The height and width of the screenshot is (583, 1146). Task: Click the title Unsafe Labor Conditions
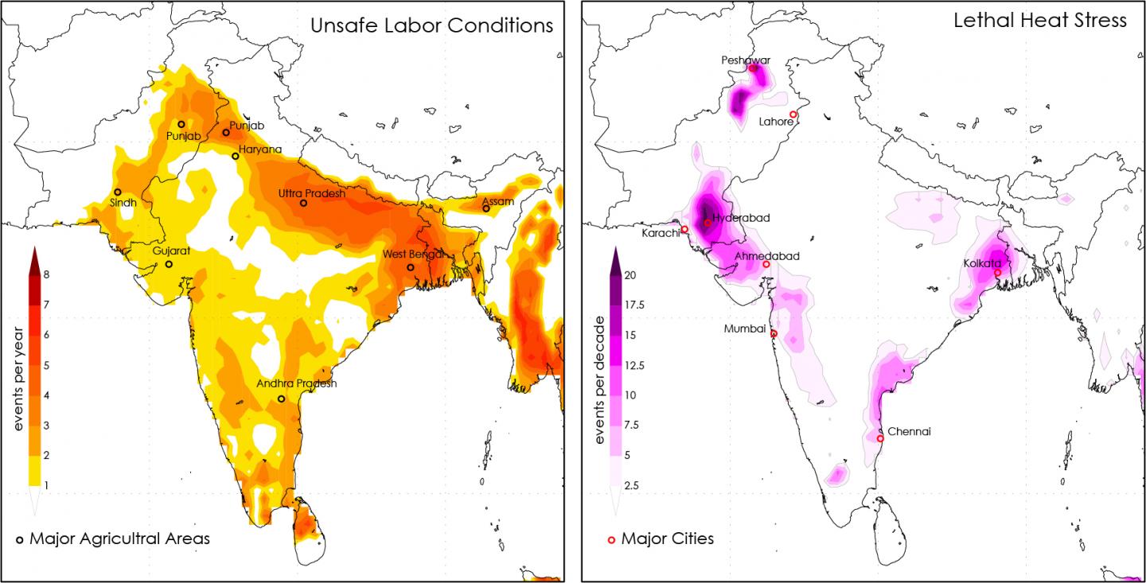click(x=431, y=25)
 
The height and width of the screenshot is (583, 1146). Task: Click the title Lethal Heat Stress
click(x=1040, y=21)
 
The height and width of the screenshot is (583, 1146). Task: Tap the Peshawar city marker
click(x=752, y=68)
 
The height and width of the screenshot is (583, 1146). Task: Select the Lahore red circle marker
click(x=793, y=115)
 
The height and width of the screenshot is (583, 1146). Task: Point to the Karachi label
click(x=661, y=233)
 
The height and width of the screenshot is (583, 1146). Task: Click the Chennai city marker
click(x=880, y=438)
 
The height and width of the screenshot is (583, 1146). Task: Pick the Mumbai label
click(x=745, y=328)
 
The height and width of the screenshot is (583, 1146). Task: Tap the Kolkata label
click(x=982, y=262)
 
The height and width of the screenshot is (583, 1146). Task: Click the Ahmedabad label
click(x=767, y=256)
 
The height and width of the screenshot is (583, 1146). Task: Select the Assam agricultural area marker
click(x=485, y=208)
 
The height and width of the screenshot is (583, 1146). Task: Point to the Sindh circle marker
click(x=118, y=192)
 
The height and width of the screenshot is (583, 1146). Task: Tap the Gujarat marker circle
click(x=169, y=264)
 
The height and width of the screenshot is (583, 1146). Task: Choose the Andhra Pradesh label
click(x=297, y=383)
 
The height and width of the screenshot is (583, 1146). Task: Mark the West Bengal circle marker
click(x=411, y=267)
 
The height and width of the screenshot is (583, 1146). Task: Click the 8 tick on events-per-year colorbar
click(x=47, y=274)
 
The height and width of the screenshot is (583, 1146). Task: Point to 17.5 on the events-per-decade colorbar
click(x=634, y=305)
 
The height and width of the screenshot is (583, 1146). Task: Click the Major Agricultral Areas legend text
click(x=119, y=538)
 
